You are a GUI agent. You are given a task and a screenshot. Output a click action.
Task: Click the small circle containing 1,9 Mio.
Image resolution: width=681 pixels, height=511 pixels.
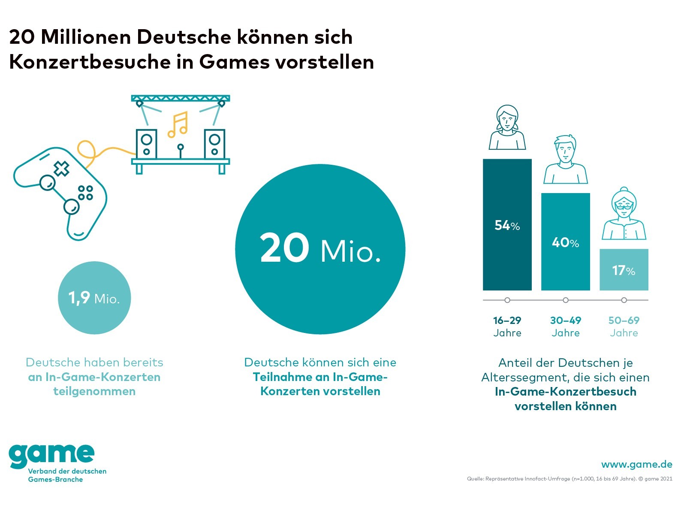94,298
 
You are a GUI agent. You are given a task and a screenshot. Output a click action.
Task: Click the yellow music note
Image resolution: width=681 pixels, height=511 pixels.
178,125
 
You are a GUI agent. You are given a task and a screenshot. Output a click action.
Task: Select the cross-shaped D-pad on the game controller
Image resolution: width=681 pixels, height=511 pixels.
61,169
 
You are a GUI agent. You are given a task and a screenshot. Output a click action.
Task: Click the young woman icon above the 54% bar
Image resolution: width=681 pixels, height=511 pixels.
507,127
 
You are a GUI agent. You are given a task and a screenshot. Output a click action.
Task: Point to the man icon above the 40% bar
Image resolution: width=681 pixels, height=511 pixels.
565,160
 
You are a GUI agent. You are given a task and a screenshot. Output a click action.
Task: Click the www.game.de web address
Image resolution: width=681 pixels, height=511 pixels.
636,464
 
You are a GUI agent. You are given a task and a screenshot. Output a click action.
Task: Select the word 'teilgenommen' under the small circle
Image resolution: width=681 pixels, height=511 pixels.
94,391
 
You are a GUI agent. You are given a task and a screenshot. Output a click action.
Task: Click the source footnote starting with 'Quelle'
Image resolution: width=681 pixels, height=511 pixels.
570,479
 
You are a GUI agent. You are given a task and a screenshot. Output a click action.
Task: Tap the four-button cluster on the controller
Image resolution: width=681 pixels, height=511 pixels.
85,193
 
